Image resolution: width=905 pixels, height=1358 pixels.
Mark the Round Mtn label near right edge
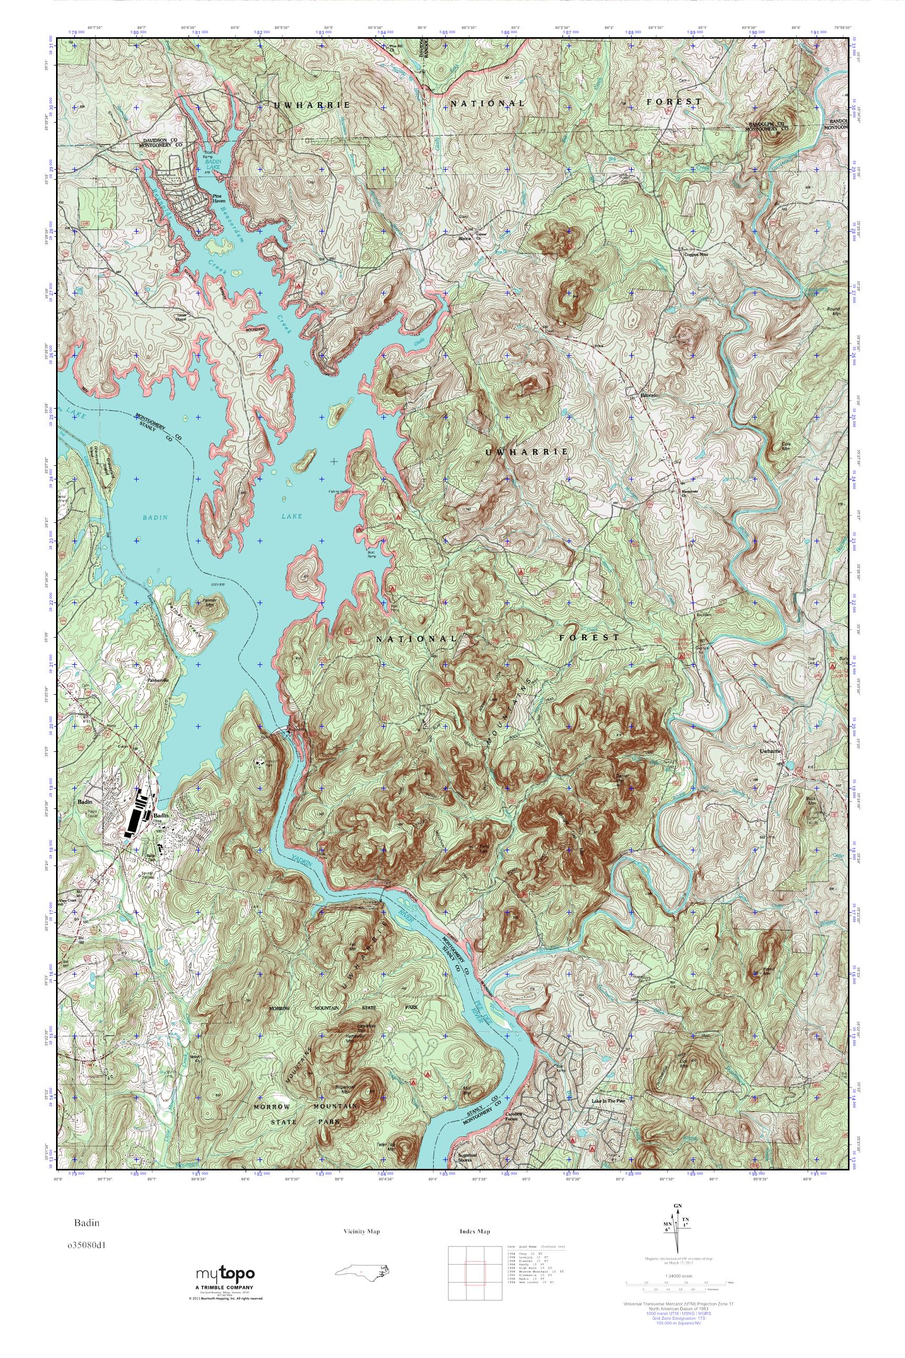(x=833, y=311)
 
